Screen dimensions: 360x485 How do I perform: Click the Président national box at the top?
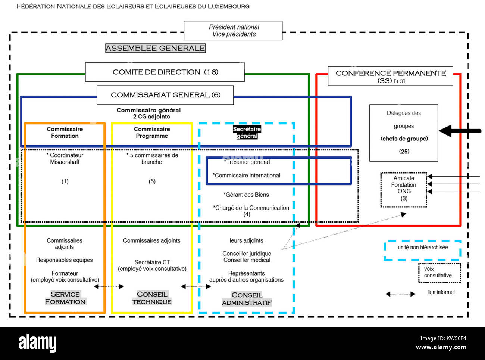pyautogui.click(x=233, y=31)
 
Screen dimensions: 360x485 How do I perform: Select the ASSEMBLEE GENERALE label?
pyautogui.click(x=155, y=48)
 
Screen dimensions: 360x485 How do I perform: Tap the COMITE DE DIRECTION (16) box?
pyautogui.click(x=165, y=72)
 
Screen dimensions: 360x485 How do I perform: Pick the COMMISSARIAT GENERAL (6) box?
pyautogui.click(x=165, y=95)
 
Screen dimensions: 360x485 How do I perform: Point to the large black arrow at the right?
pyautogui.click(x=459, y=131)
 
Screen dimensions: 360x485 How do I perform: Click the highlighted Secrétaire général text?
pyautogui.click(x=247, y=132)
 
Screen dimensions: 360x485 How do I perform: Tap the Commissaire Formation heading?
pyautogui.click(x=65, y=133)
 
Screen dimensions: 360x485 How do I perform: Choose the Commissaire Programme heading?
pyautogui.click(x=152, y=133)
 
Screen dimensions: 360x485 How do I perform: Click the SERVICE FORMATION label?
pyautogui.click(x=65, y=298)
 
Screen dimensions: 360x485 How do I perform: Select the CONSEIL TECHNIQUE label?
pyautogui.click(x=152, y=298)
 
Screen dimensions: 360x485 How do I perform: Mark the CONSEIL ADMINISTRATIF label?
pyautogui.click(x=247, y=299)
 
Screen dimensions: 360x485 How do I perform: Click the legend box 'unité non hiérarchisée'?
pyautogui.click(x=422, y=249)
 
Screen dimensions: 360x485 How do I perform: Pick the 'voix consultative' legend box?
pyautogui.click(x=439, y=273)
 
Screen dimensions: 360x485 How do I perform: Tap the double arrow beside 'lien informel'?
pyautogui.click(x=400, y=294)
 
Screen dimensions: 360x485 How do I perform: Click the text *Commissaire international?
pyautogui.click(x=247, y=176)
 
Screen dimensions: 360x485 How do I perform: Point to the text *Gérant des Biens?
pyautogui.click(x=246, y=195)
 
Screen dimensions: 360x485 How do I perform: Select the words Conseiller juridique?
pyautogui.click(x=247, y=254)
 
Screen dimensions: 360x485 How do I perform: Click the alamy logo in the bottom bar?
pyautogui.click(x=37, y=343)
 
